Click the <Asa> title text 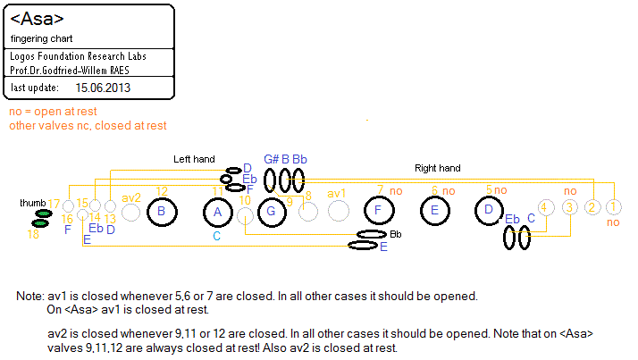pos(38,18)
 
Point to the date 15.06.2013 pos(103,88)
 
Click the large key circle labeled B pos(161,212)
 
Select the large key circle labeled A pos(217,212)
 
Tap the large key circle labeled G pos(270,212)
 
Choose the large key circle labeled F pos(379,211)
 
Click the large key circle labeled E pos(434,211)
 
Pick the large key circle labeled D pos(489,211)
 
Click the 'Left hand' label pos(194,159)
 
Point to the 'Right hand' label pos(438,167)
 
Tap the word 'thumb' pos(32,204)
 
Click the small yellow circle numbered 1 pos(613,207)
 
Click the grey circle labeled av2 pos(130,213)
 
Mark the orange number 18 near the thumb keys pos(33,234)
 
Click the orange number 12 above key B pos(162,190)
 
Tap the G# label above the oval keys pos(271,158)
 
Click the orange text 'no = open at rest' pos(52,112)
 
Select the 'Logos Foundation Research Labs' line pos(79,56)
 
